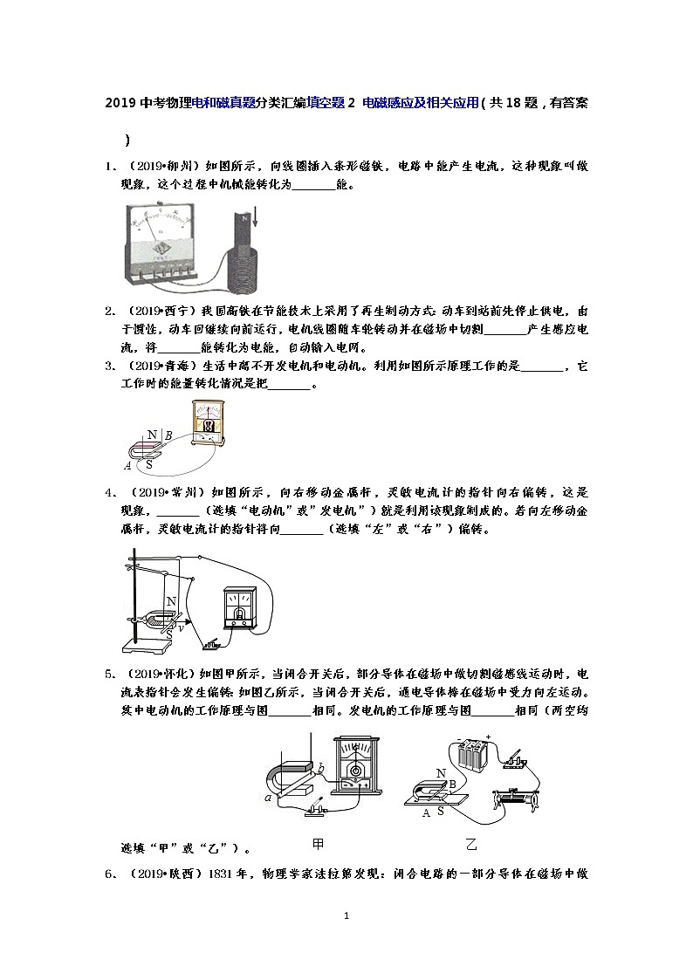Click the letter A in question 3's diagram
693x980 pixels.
point(128,466)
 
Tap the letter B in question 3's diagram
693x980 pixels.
point(168,435)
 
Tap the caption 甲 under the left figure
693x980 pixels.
point(319,844)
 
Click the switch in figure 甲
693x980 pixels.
point(315,812)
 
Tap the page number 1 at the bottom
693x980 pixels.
point(346,915)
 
